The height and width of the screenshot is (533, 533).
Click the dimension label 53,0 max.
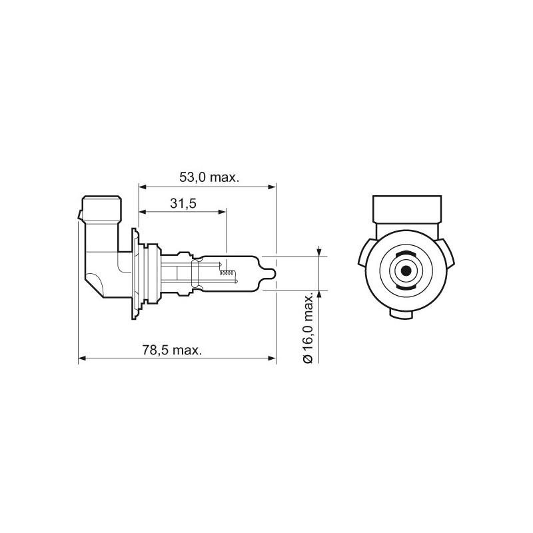[x=209, y=178]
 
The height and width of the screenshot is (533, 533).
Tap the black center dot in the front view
[x=404, y=272]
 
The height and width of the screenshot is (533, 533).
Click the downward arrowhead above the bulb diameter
[x=320, y=252]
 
